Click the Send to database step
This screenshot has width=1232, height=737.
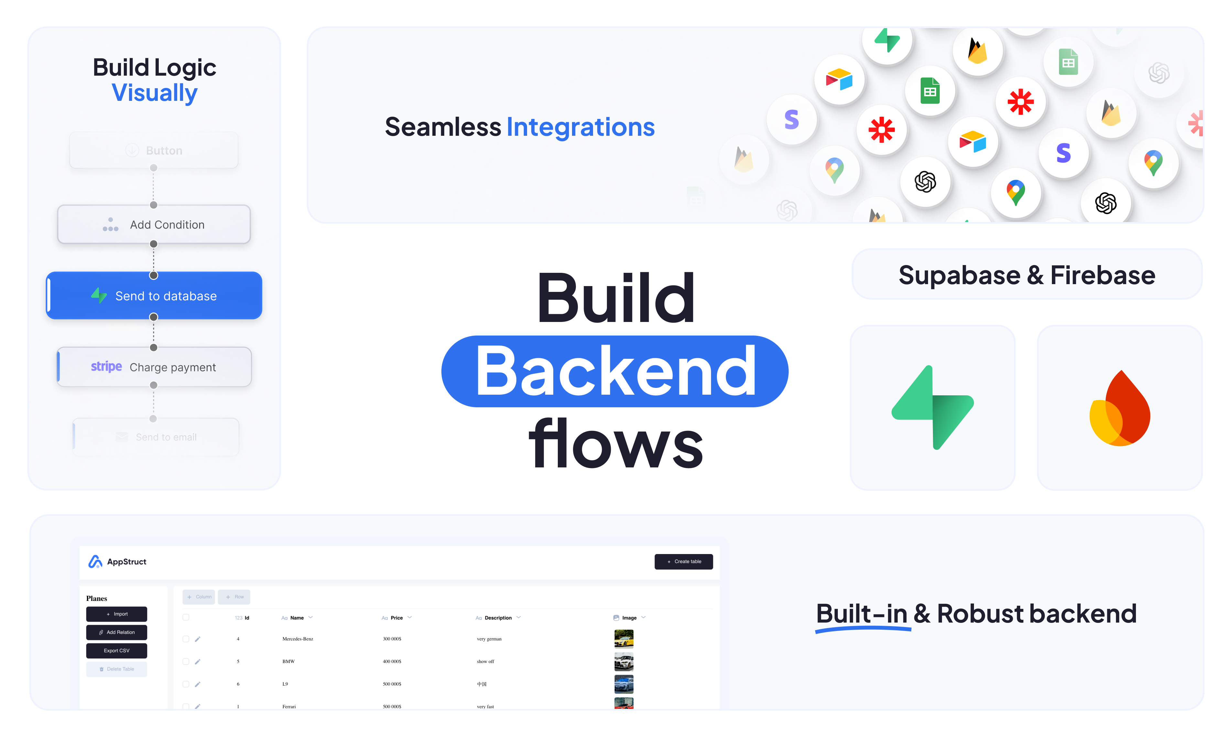pos(154,296)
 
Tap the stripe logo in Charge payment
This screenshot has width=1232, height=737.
pos(106,367)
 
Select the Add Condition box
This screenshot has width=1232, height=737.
pos(154,224)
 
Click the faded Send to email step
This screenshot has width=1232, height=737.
pos(156,437)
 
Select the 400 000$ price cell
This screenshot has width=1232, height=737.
pos(392,661)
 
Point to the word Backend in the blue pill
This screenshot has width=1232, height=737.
pos(615,371)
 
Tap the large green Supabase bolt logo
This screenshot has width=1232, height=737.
pos(933,408)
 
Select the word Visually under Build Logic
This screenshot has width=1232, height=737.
pos(155,93)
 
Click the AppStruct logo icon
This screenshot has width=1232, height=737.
pos(95,562)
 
